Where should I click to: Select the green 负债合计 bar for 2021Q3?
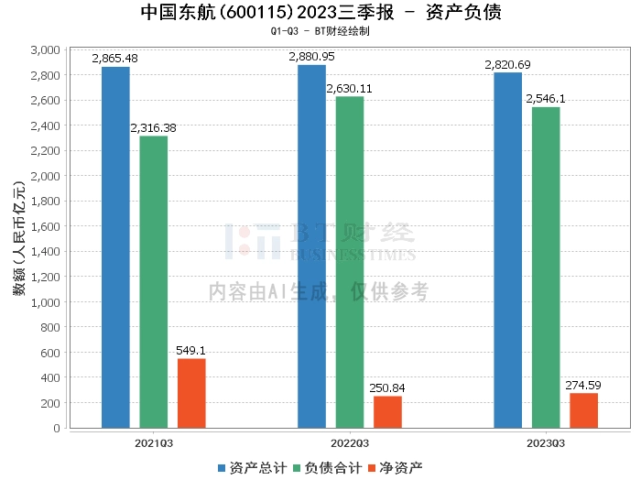tap(154, 282)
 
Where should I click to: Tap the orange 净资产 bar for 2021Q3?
tap(191, 393)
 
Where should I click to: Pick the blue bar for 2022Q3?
tap(311, 246)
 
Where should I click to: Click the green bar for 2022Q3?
tap(350, 262)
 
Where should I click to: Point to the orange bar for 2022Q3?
tap(387, 412)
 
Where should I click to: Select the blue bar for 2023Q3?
tap(507, 250)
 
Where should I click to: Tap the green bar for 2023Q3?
tap(546, 267)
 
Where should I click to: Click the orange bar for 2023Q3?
tap(583, 410)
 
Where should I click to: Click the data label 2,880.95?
tap(312, 57)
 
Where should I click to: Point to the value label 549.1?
tap(191, 350)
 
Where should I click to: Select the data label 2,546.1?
tap(546, 98)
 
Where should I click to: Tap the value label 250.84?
tap(387, 387)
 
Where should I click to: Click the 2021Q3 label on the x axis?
tap(154, 442)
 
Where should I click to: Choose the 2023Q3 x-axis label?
tap(546, 442)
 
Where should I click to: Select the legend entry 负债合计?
tap(329, 467)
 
